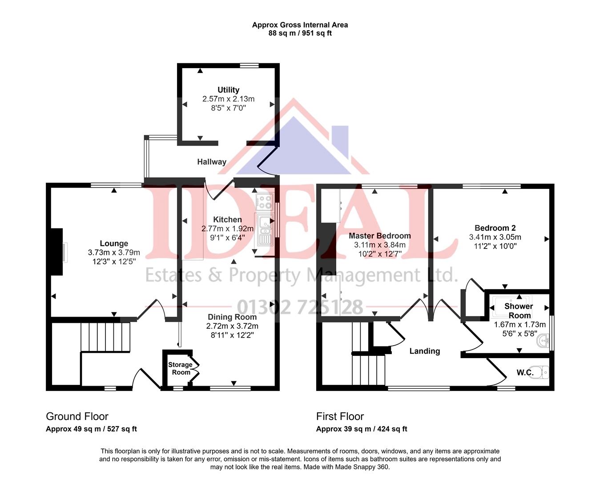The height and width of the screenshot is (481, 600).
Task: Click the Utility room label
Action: point(228,90)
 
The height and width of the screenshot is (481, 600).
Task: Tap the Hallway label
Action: point(212,162)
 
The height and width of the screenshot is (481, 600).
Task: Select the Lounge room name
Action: point(114,244)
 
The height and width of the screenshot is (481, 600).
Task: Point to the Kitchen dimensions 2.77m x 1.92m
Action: point(227,229)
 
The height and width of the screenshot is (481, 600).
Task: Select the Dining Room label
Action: point(232,317)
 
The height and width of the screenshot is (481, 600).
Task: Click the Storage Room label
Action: point(180,368)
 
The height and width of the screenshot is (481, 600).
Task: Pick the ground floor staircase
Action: point(105,337)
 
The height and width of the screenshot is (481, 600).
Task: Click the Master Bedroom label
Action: point(379,236)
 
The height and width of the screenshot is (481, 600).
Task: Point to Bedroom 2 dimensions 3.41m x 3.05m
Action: point(495,237)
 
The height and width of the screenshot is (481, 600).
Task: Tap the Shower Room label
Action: point(519,310)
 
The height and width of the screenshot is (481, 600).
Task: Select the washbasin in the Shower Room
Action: point(543,342)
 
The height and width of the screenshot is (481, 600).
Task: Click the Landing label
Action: point(424,351)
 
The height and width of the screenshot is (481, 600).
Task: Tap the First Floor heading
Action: point(340,416)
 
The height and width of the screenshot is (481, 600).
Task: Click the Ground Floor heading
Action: point(77,416)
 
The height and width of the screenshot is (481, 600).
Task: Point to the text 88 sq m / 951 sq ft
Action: point(300,33)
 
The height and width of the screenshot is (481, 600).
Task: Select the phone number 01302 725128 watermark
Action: point(300,307)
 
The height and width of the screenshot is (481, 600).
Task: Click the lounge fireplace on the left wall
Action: point(57,252)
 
